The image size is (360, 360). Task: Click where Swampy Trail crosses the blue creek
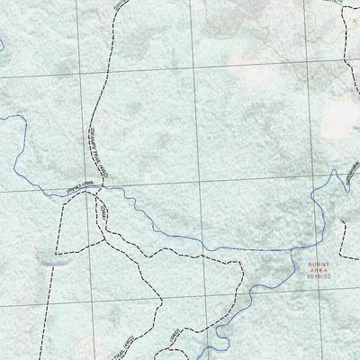97,187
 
